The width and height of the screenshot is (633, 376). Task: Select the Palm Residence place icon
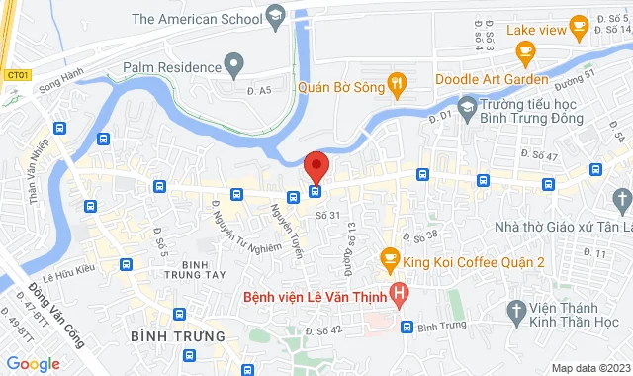click(x=234, y=68)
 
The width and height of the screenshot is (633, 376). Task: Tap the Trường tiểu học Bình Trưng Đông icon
click(x=467, y=106)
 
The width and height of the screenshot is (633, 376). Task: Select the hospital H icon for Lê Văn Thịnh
click(x=398, y=293)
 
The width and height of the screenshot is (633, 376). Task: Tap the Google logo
click(x=33, y=364)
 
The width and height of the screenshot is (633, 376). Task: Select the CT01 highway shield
click(x=17, y=73)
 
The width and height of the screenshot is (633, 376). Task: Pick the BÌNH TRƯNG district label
click(x=170, y=337)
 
